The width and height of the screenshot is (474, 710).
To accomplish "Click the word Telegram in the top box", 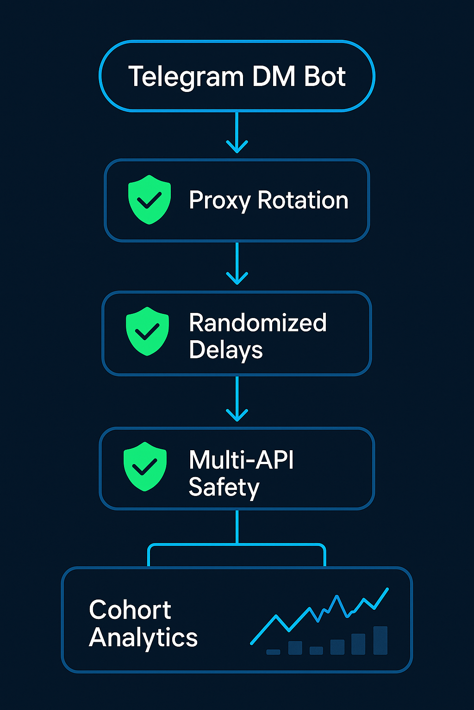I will coord(185,77).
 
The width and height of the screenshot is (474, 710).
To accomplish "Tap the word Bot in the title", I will coord(325,76).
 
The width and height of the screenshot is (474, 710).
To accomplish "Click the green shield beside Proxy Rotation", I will coord(150,199).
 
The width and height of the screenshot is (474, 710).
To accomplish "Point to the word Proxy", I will coord(220,201).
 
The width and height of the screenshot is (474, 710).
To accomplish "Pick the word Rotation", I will coord(303,200).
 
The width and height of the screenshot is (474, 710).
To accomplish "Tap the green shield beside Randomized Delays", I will coord(147,331).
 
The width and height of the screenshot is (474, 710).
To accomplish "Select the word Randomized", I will coord(258,323).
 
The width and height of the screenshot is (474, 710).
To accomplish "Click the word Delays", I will coord(226,350).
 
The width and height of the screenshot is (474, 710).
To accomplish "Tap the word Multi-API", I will coord(241,460).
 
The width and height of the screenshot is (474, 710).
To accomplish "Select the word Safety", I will coord(224,488).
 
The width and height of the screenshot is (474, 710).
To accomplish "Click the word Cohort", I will coord(130,610).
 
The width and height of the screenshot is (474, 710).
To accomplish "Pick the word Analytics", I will coord(143,638).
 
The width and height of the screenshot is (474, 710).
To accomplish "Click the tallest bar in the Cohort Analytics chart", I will coord(380,640).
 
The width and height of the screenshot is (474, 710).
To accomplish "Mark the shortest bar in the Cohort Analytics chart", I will coord(273,652).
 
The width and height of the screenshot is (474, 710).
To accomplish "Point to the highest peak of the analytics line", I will coord(387,589).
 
